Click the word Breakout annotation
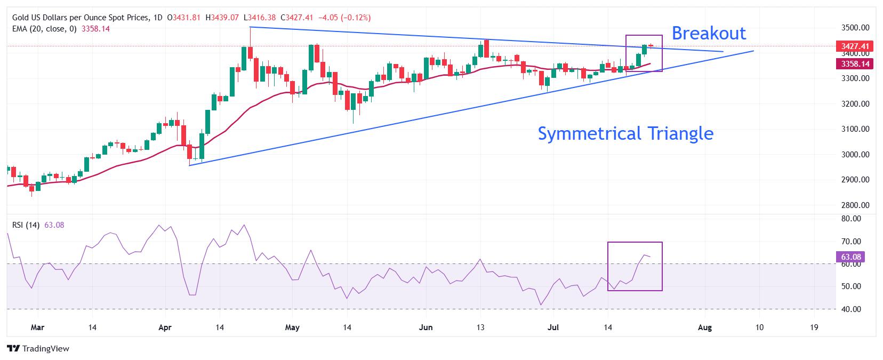click(709, 33)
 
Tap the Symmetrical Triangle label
click(625, 134)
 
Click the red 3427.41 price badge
click(855, 46)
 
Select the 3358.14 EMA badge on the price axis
click(855, 64)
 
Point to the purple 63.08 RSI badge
click(850, 257)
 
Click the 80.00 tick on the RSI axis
click(851, 219)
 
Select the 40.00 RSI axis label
click(851, 309)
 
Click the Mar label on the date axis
click(37, 327)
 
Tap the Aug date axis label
click(705, 327)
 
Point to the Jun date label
click(426, 327)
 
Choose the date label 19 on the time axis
click(814, 327)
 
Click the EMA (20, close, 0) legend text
click(45, 29)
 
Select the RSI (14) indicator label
click(26, 225)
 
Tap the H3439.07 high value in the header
click(222, 18)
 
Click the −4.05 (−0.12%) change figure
click(344, 18)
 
